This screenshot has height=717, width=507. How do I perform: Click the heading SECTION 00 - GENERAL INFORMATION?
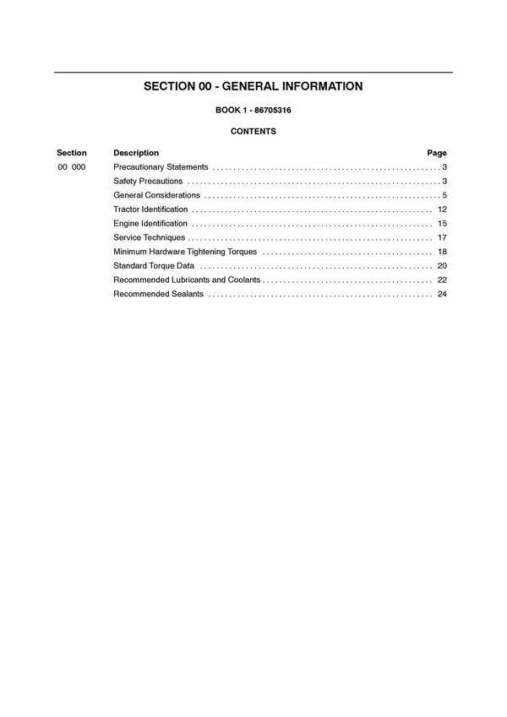[253, 86]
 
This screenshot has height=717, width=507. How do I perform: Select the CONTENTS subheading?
[253, 132]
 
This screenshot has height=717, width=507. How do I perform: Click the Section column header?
[72, 153]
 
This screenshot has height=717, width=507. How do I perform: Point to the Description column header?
[136, 153]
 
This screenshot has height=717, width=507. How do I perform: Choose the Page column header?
[437, 153]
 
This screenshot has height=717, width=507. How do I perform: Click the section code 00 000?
[72, 167]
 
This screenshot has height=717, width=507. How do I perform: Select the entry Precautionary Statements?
[161, 167]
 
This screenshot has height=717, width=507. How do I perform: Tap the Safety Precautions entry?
[148, 182]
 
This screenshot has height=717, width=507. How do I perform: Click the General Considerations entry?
[156, 195]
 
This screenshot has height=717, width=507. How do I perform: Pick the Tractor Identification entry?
[150, 209]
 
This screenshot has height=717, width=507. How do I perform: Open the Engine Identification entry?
[150, 224]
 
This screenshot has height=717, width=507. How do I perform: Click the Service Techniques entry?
[149, 237]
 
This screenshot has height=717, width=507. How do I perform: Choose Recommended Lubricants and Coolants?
[187, 280]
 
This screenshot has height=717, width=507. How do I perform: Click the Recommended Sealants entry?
[159, 294]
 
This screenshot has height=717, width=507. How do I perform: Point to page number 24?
[442, 294]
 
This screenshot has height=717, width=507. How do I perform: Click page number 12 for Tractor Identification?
[442, 209]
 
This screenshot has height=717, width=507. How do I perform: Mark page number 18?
[442, 252]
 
